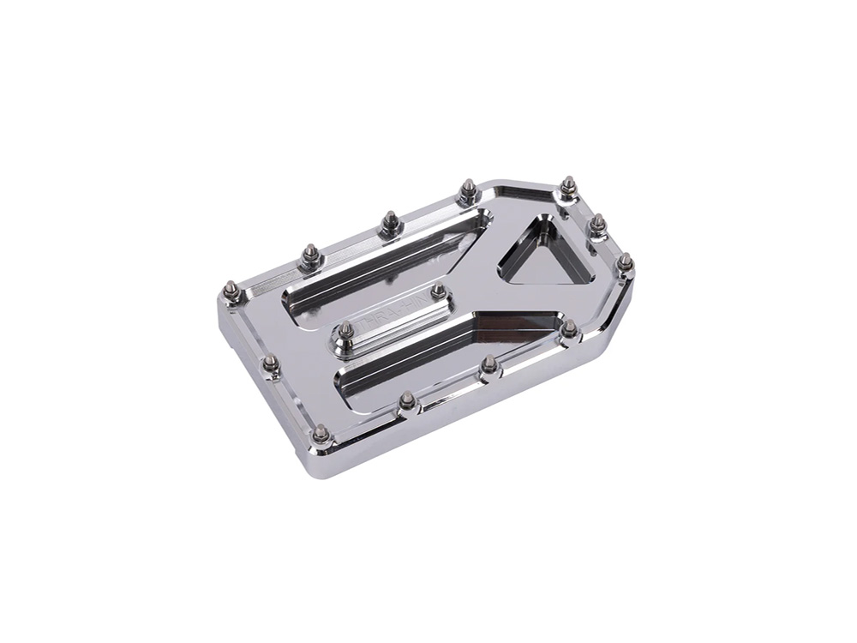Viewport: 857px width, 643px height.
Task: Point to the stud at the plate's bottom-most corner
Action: tap(321, 434)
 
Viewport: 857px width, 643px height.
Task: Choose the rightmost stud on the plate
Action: tap(626, 261)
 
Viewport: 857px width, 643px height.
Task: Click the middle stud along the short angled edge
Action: tap(598, 224)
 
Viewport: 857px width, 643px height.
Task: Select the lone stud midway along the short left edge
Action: tap(271, 364)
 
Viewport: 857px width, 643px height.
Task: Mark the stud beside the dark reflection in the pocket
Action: tap(569, 328)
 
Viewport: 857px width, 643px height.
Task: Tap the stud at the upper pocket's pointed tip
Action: tap(468, 189)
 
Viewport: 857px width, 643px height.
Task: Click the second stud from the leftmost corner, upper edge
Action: tap(310, 254)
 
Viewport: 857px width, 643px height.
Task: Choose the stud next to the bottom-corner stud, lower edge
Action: tap(407, 400)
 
